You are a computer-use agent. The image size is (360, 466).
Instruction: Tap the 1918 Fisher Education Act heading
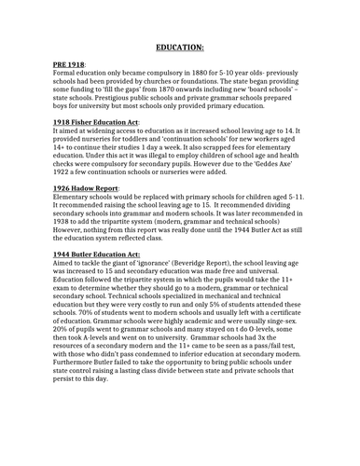95,122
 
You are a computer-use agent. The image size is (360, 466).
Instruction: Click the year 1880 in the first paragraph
189,75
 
